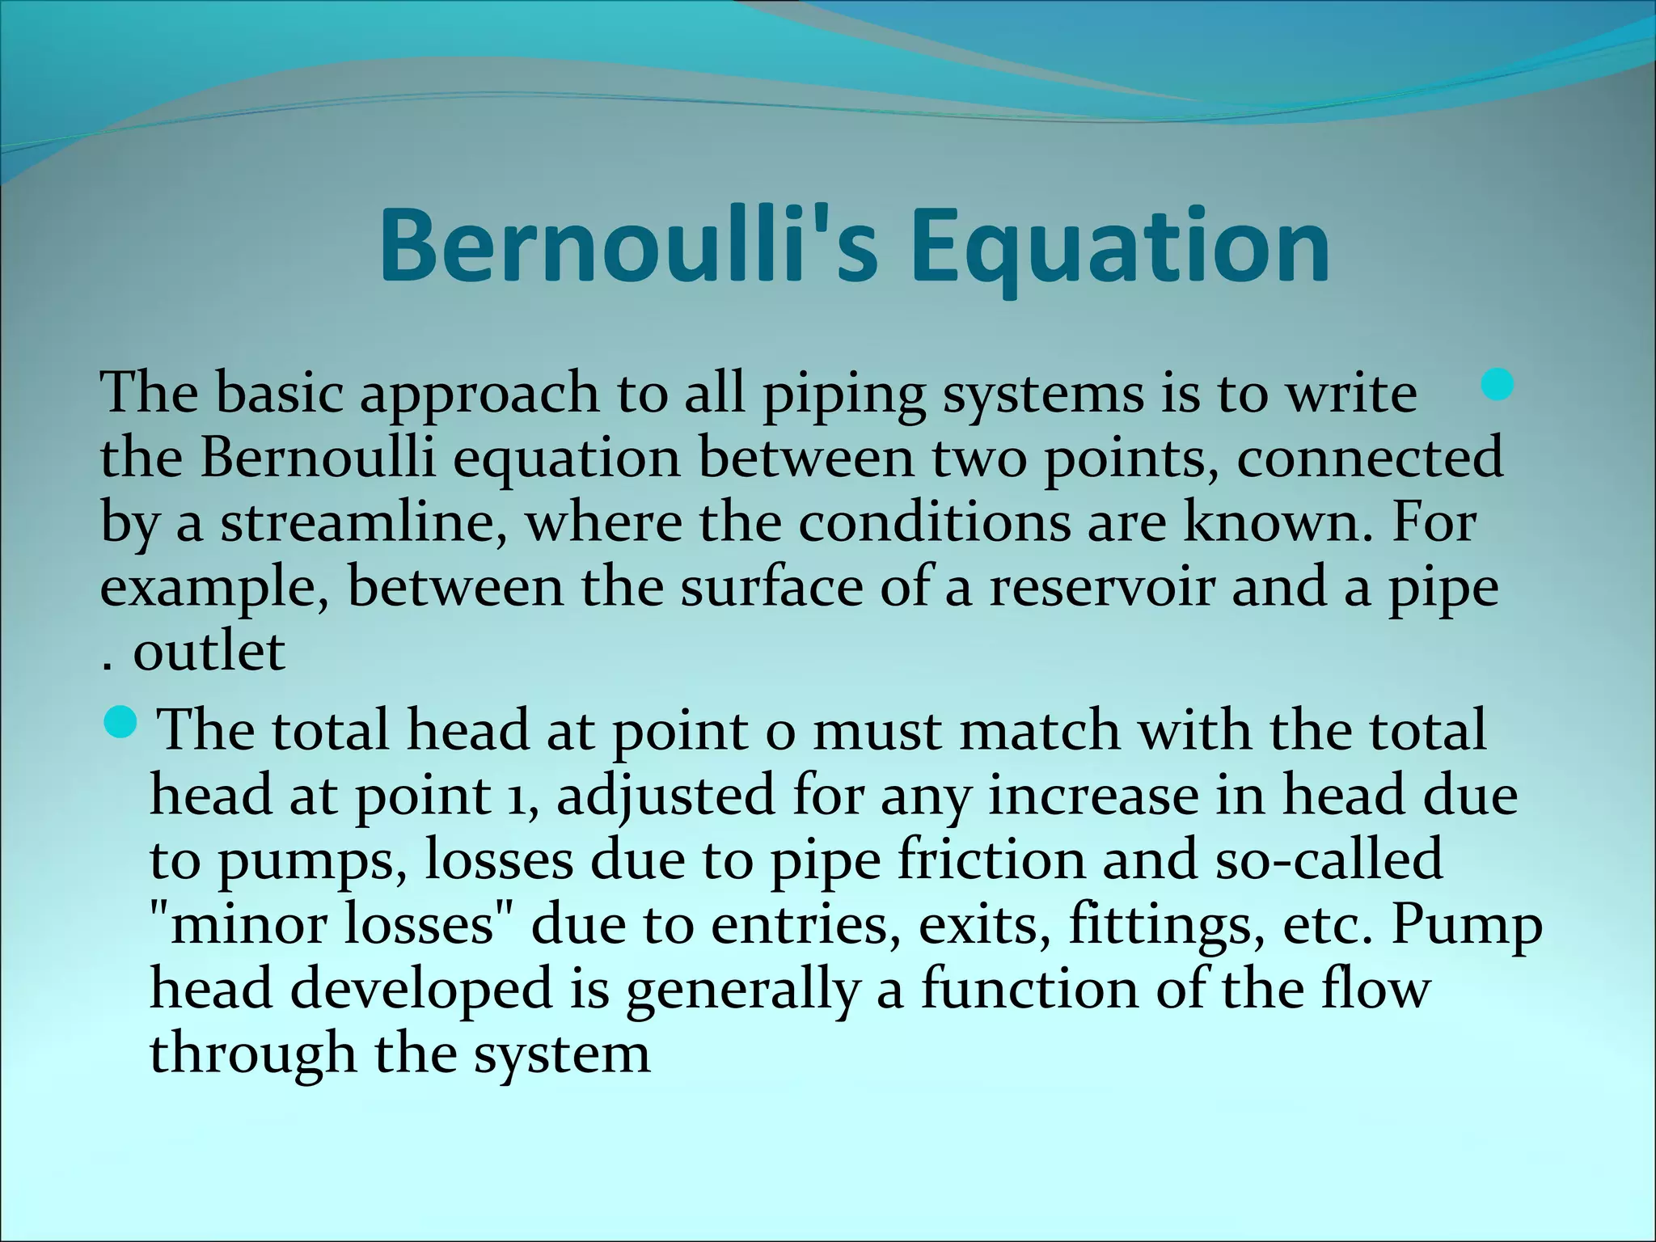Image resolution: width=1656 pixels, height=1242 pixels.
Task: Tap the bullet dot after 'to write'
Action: tap(1498, 384)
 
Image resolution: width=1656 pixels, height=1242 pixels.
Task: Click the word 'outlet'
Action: tap(209, 651)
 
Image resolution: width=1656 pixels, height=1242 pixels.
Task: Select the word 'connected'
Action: tap(1370, 457)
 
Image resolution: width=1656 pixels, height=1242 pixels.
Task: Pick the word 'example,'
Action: tap(214, 589)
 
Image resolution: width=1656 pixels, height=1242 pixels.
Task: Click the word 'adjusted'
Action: tap(666, 796)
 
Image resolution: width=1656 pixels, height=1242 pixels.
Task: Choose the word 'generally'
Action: tap(741, 991)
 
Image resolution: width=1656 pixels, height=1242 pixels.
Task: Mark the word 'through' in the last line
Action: tap(252, 1055)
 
